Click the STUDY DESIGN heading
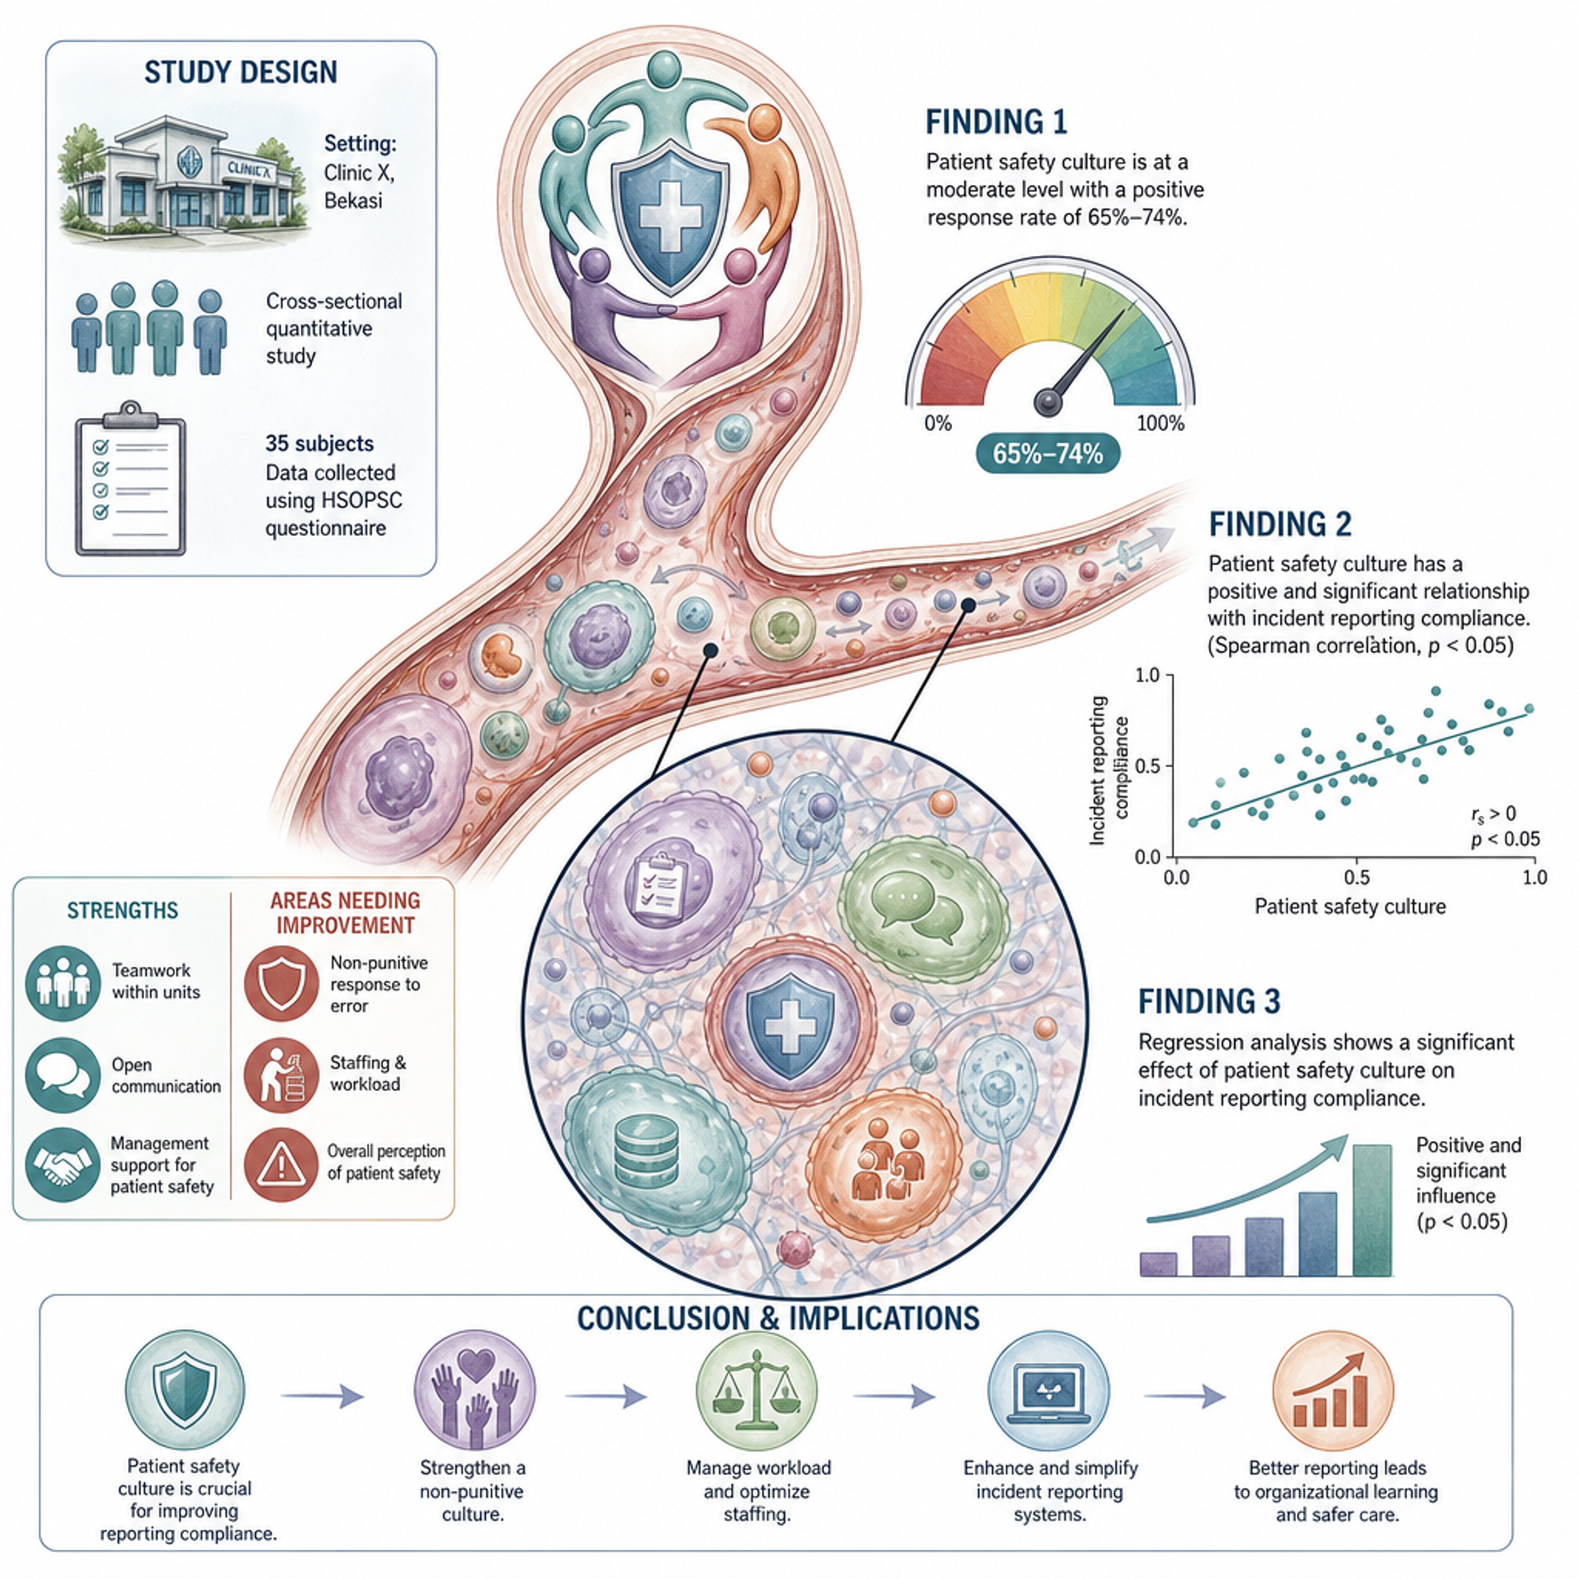tap(241, 72)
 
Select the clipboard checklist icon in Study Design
tap(130, 478)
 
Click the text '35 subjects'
tap(319, 444)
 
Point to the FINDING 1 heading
tap(996, 122)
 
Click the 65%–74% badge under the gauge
tap(1048, 453)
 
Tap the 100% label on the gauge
tap(1160, 423)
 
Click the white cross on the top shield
tap(669, 215)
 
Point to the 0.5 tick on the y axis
tap(1146, 766)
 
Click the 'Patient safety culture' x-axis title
tap(1350, 907)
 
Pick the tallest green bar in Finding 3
tap(1372, 1210)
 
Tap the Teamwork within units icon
tap(63, 983)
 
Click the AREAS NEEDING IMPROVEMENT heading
tap(345, 913)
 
